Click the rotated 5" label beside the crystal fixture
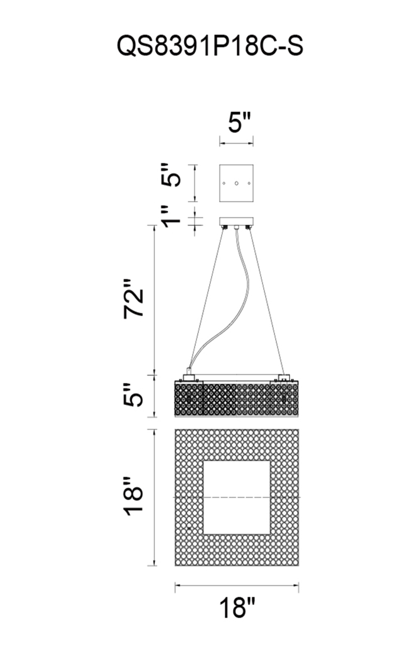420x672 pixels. (134, 394)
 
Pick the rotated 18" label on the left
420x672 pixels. (134, 496)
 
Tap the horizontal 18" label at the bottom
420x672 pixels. (237, 607)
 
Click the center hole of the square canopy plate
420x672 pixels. (236, 184)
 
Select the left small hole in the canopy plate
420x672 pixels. (224, 184)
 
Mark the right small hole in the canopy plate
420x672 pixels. (249, 184)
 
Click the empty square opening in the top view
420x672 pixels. (236, 498)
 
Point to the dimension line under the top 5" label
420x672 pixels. (236, 144)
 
